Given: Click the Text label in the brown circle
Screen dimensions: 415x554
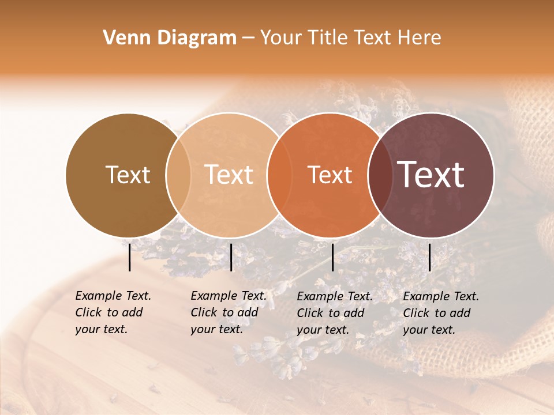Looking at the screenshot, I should (128, 175).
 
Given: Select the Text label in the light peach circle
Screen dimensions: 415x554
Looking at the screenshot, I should (229, 175).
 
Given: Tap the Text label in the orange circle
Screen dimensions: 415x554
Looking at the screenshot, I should (330, 175).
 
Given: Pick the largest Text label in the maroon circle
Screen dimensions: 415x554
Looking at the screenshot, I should (431, 175).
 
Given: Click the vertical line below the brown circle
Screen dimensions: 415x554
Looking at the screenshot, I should (129, 257).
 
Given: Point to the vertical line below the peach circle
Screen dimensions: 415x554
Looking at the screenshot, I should (231, 257).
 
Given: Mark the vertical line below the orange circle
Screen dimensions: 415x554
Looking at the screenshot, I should (332, 257).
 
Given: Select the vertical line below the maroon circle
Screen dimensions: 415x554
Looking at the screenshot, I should (429, 257).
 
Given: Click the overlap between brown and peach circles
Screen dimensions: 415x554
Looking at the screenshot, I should (178, 175).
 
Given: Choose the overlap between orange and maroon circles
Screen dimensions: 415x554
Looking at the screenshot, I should (380, 175).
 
